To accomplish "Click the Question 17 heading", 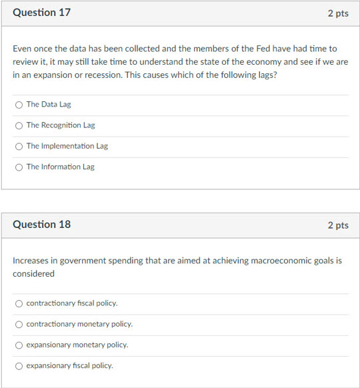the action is pos(41,13).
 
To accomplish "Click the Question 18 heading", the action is pos(41,225).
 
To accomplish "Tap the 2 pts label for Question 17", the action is pos(337,13).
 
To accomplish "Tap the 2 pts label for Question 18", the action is pos(337,225).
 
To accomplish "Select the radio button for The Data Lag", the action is pos(19,105).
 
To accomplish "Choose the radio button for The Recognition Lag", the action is pos(19,125).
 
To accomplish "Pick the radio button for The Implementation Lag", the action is pos(19,146).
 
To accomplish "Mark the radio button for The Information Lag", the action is pos(19,167).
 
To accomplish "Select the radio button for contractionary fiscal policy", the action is pos(19,303).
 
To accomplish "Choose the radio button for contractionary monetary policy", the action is pos(19,324).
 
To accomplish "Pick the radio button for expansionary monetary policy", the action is pos(19,345).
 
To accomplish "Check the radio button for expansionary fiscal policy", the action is pos(19,365).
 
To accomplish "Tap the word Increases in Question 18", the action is pos(32,261).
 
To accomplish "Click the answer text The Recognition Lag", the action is pos(61,125).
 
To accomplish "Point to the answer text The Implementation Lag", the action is pos(67,146).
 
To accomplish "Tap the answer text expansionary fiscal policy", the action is pos(69,365).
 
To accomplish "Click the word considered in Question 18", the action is pos(33,273).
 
